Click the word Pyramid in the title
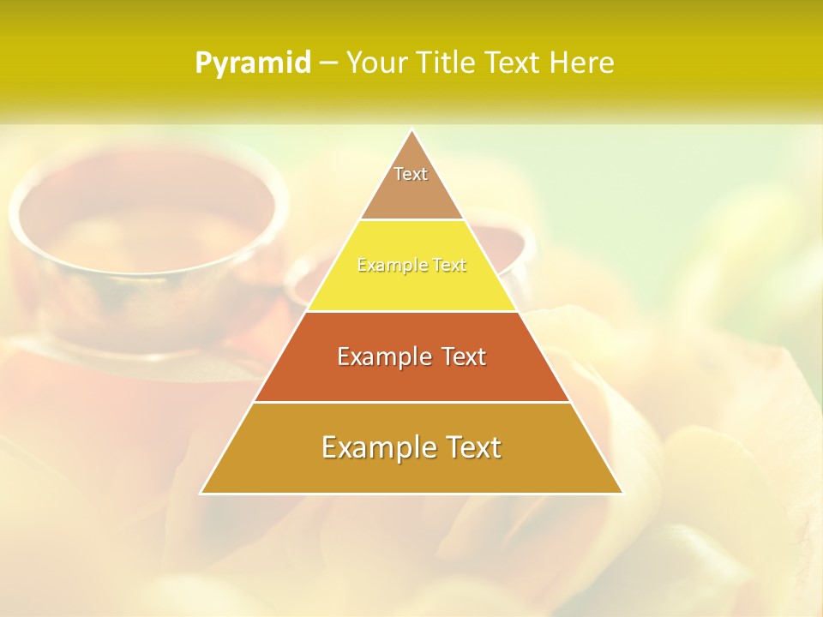[253, 63]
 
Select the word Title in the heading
[448, 63]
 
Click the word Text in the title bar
[514, 63]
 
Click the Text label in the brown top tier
[411, 174]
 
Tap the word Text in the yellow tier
[449, 266]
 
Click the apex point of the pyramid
[411, 130]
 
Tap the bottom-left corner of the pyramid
[201, 493]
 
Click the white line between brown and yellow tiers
[411, 220]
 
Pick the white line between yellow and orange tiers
[411, 311]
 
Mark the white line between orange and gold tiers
[411, 402]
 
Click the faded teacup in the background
[129, 249]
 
